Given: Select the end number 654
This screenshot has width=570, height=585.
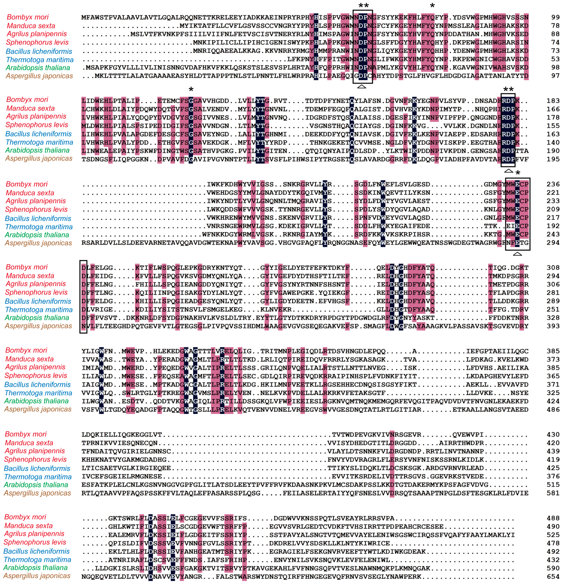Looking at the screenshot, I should [x=553, y=577].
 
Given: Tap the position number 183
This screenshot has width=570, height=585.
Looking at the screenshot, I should [x=553, y=101].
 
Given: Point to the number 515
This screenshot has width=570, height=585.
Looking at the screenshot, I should [x=553, y=485].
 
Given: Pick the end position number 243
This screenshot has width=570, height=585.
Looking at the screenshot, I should [x=553, y=234].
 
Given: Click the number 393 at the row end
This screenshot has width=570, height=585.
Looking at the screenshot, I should [x=553, y=326].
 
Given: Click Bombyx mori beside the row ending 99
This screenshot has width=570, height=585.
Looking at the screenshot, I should [x=27, y=17].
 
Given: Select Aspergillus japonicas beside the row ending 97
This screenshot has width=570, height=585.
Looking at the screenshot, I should [x=39, y=76].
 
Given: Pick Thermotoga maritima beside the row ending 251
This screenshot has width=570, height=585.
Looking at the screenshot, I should [x=39, y=310].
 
